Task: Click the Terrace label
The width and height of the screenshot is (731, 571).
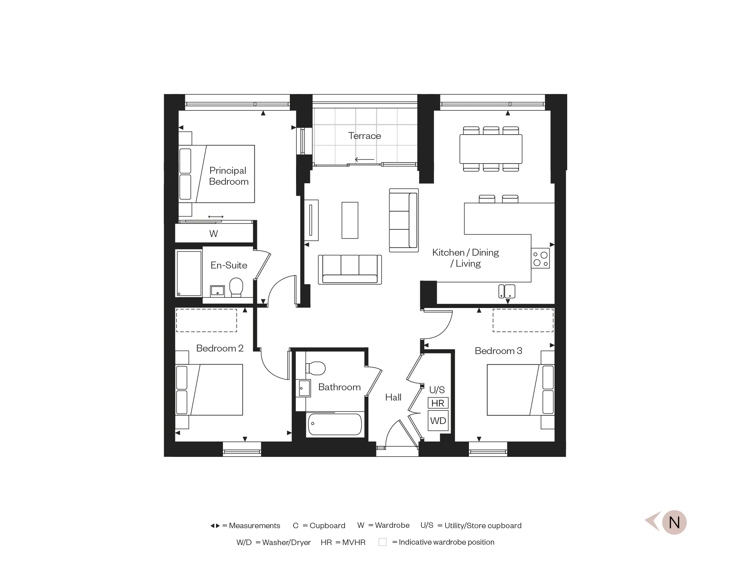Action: (x=364, y=136)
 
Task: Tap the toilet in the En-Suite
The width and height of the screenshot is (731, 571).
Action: (x=236, y=287)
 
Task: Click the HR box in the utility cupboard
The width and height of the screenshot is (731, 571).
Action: (x=438, y=403)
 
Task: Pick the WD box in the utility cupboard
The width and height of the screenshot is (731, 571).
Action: (x=438, y=421)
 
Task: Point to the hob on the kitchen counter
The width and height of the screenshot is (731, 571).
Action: (x=541, y=259)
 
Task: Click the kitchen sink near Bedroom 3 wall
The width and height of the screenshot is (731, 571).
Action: (x=507, y=292)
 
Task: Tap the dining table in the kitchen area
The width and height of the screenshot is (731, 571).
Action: (x=491, y=149)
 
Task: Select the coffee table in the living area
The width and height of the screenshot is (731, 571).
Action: (x=350, y=220)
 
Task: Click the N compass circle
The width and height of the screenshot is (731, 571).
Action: (x=674, y=522)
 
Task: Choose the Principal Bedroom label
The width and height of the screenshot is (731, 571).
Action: (x=228, y=176)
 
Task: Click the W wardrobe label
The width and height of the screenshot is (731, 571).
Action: (x=213, y=234)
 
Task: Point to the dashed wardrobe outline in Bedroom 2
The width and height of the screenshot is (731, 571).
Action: (x=207, y=320)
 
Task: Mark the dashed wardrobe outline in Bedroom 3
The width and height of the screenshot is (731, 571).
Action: (x=523, y=320)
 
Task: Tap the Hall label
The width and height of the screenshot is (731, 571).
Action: (x=393, y=397)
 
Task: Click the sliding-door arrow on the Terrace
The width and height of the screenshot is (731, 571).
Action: (x=364, y=159)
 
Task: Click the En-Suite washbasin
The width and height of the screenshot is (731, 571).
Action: (x=217, y=292)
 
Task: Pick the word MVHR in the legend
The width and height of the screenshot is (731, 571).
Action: (x=354, y=542)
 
